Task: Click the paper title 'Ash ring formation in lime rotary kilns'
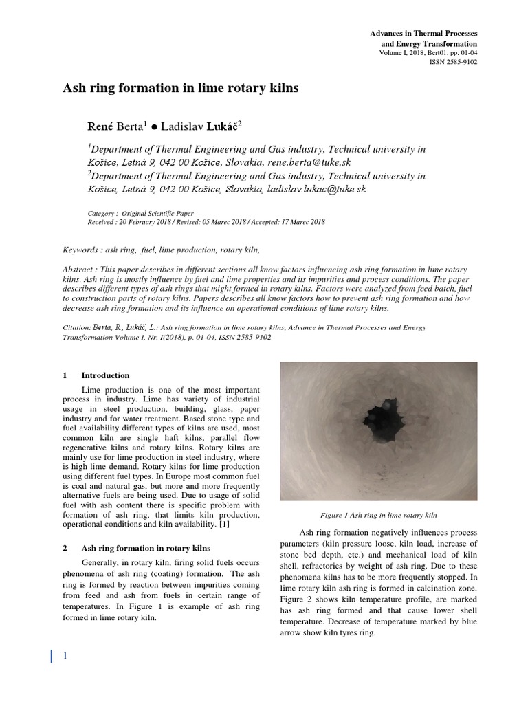(181, 89)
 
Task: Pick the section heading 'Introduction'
(105, 375)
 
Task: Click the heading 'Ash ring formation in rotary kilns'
(146, 548)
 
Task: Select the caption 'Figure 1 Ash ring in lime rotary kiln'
(379, 514)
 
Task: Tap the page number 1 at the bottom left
(65, 657)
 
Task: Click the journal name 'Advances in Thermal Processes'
(424, 33)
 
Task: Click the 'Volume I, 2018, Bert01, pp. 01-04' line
(428, 52)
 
